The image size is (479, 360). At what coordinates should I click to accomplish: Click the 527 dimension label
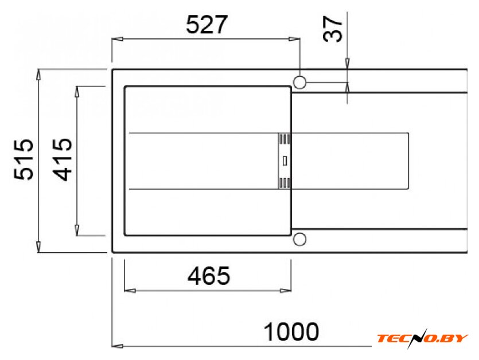(207, 25)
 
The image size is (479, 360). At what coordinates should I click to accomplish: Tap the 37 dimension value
(333, 29)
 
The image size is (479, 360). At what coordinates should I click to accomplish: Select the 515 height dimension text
(24, 159)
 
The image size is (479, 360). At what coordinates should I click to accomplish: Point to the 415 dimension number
(63, 159)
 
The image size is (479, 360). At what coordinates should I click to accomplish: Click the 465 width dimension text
(209, 275)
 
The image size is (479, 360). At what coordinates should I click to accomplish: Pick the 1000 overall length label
(291, 332)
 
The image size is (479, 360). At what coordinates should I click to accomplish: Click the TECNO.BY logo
(422, 338)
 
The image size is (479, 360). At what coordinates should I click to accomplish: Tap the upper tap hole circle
(299, 82)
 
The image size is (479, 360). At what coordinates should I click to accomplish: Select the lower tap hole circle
(299, 239)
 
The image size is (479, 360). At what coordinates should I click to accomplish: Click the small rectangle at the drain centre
(285, 161)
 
